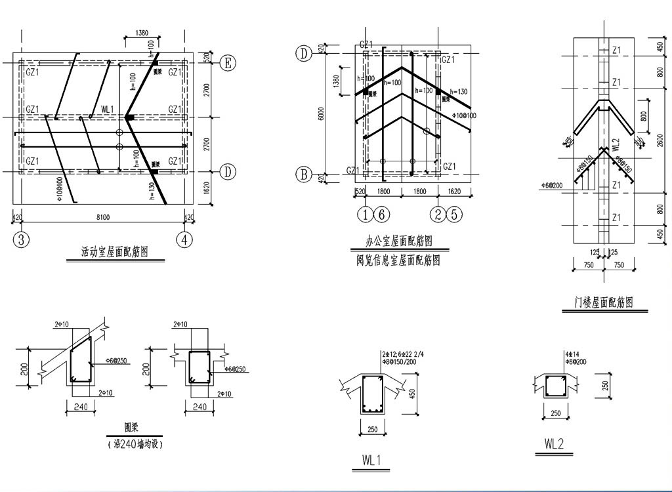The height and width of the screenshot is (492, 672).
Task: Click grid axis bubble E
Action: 228,63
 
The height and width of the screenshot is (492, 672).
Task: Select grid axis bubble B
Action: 304,174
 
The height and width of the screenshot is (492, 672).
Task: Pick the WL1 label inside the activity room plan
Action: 108,109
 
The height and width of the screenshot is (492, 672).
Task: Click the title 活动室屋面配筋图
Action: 115,251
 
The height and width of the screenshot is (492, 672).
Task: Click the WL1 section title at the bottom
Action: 371,461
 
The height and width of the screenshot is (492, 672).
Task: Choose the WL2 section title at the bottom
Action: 555,444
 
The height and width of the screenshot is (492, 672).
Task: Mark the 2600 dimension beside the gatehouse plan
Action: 660,141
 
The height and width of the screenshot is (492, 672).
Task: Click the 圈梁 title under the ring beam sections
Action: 134,426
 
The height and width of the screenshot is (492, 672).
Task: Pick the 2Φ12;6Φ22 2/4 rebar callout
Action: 402,354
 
